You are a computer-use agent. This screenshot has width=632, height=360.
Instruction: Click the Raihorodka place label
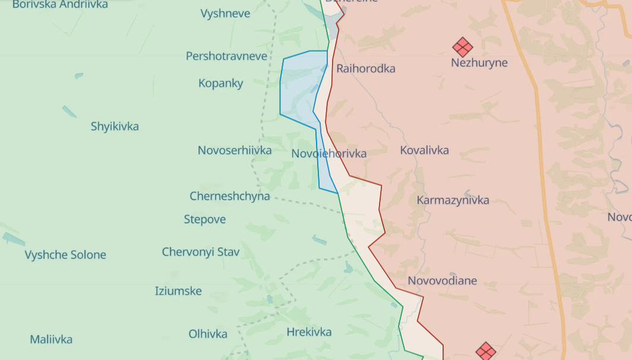point(365,68)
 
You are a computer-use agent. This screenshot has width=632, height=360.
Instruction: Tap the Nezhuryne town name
point(479,62)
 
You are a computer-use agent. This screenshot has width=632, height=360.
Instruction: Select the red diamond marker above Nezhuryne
point(462,47)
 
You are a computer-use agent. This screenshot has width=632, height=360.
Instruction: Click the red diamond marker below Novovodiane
point(486,351)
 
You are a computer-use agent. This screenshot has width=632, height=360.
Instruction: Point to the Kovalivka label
point(424,150)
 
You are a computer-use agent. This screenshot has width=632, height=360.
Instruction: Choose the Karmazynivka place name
point(453,200)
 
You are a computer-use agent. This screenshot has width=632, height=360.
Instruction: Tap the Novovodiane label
point(442,280)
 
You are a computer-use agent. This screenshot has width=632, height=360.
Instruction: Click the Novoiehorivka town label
point(328,154)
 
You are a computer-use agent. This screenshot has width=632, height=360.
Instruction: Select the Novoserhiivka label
point(235,150)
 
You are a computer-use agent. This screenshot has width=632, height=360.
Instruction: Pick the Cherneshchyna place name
point(229,196)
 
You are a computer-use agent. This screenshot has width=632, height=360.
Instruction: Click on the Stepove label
point(204,219)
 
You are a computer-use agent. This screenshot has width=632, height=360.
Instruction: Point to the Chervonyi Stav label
point(201,252)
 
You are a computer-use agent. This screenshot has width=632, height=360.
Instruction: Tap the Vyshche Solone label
point(65,255)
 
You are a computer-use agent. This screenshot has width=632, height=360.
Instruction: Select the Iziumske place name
point(178,291)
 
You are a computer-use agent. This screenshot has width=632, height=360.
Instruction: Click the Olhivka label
point(208,334)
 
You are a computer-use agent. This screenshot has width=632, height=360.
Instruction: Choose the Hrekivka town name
point(309,332)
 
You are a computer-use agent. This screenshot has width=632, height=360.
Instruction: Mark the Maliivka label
point(51,340)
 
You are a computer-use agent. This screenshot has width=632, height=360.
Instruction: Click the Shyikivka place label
point(115,126)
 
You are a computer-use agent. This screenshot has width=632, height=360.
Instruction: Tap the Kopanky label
point(220,83)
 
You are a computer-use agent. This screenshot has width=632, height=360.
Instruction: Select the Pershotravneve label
point(226,56)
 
